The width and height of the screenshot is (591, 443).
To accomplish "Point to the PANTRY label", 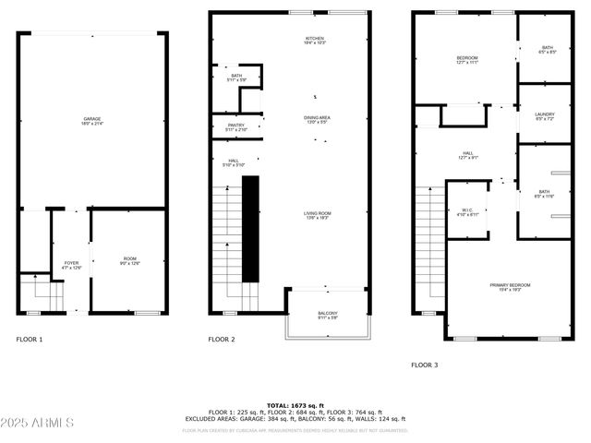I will (x=235, y=126).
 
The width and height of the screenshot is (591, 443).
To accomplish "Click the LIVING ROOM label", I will (x=317, y=215).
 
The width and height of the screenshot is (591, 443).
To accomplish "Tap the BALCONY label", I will (x=328, y=315).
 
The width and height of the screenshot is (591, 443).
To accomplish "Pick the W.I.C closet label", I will (x=468, y=211).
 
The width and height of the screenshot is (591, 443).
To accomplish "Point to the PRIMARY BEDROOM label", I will (x=510, y=287).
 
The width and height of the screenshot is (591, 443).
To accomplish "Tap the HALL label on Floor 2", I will (x=233, y=162).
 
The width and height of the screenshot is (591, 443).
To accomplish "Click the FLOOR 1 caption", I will (x=30, y=340).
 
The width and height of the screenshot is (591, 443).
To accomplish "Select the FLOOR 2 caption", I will (x=222, y=340).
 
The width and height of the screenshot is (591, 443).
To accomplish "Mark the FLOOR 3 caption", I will (x=425, y=365).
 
